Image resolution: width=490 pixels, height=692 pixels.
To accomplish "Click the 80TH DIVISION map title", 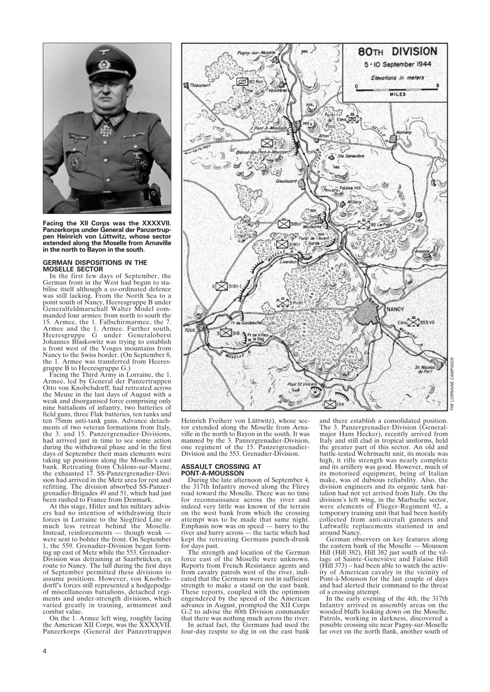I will pos(397,52).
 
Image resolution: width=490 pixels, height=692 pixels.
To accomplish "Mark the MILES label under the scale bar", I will pos(397,94).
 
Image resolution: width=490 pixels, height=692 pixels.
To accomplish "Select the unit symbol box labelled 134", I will pos(330,403).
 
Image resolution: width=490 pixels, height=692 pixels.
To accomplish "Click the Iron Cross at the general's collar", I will pos(107,129).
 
